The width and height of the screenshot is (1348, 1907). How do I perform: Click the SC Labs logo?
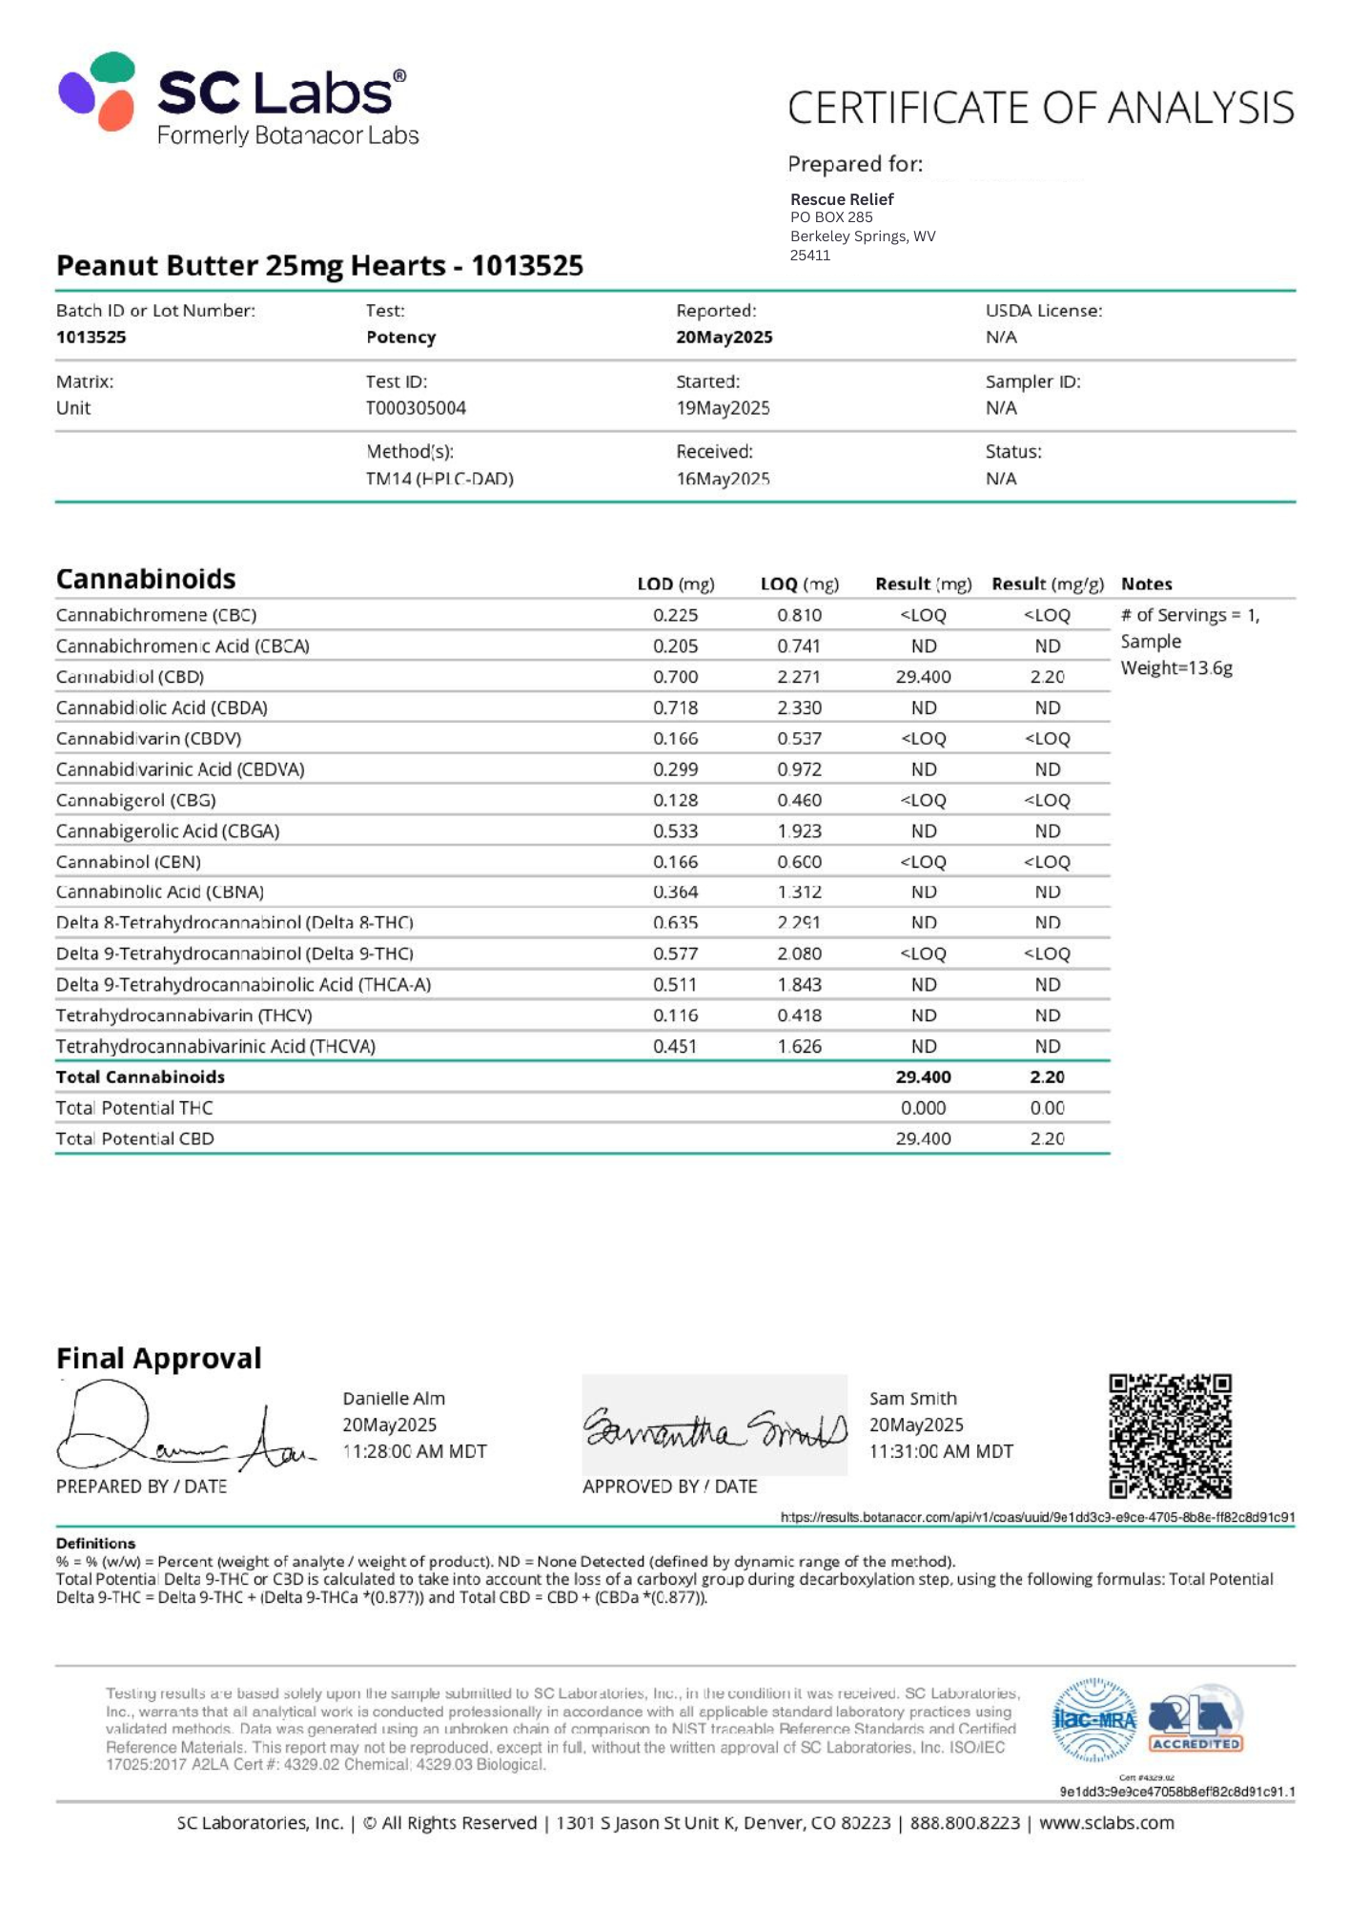pos(238,99)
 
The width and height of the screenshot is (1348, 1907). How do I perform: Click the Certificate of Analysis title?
pos(1040,108)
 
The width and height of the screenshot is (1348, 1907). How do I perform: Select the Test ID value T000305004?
pos(416,408)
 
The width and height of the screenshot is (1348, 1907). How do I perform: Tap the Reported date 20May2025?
pos(724,338)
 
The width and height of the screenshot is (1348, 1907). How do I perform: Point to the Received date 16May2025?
pos(723,479)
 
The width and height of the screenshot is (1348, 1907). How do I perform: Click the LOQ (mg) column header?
pos(799,584)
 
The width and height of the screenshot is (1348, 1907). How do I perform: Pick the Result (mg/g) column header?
pos(1047,584)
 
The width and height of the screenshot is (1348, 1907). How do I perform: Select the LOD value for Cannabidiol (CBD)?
pos(675,677)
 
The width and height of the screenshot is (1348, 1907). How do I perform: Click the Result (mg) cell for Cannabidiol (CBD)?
pos(923,677)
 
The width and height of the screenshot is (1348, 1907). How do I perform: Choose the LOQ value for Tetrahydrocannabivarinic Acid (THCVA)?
pos(799,1046)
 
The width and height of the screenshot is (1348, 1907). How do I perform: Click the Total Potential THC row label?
pos(134,1108)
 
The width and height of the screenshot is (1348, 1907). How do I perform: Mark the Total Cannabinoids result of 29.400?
pos(923,1077)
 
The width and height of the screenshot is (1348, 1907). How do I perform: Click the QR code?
pos(1170,1435)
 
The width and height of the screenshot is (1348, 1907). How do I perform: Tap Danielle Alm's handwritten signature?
pos(181,1431)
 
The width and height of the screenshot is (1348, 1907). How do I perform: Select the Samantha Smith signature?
pos(714,1427)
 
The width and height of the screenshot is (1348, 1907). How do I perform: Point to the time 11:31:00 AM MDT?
pos(941,1451)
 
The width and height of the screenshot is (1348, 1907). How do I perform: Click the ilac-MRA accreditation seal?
pos(1093,1720)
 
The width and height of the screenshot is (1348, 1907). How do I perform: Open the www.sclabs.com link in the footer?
pos(1106,1822)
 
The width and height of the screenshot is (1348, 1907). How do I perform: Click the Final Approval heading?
pos(158,1358)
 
